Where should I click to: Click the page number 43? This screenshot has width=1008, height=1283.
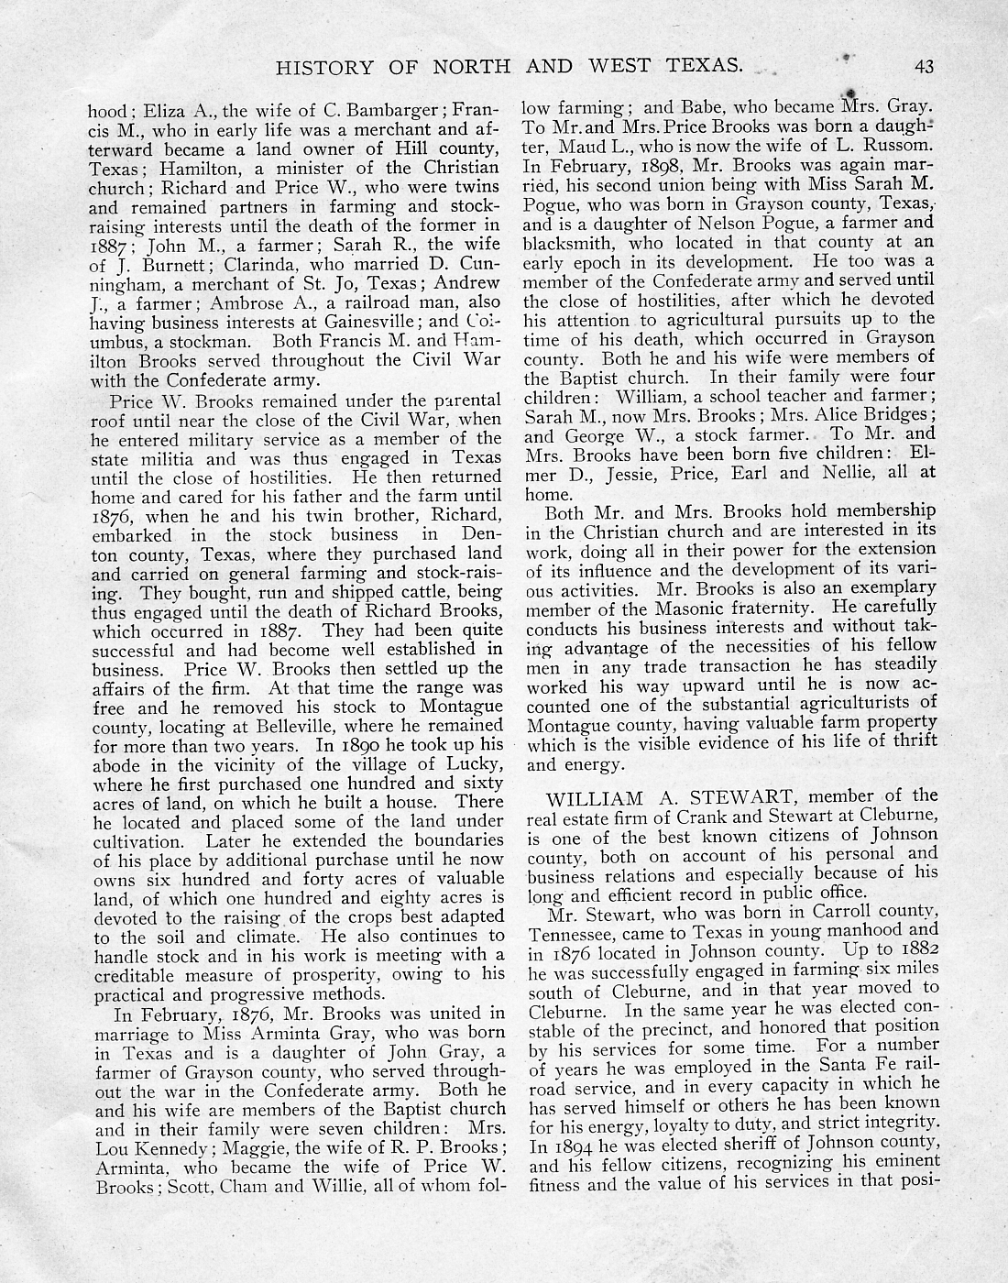(923, 65)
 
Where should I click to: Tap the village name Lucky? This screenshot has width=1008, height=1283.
(476, 763)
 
